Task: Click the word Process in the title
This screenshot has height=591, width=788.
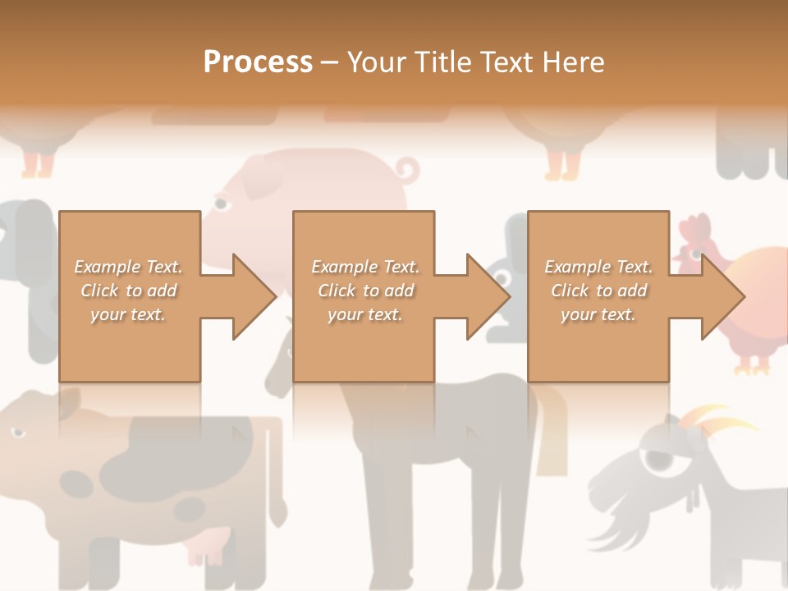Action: coord(258,62)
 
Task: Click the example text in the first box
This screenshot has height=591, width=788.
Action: coord(128,291)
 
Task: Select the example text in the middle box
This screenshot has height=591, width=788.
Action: coord(364,291)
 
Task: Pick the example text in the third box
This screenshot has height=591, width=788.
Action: coord(598,291)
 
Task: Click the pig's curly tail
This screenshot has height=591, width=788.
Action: coord(406,171)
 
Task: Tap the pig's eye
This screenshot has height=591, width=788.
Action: coord(222,203)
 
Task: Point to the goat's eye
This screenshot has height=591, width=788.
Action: coord(657,460)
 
